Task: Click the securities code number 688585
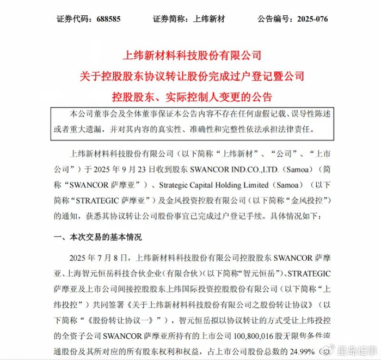click(107, 19)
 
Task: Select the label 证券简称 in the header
click(169, 19)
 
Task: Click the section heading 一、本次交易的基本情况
click(97, 237)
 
